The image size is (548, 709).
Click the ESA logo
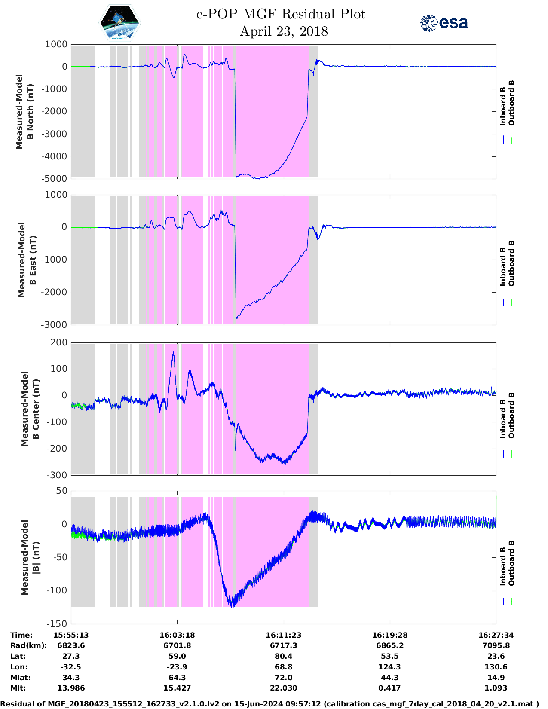click(444, 23)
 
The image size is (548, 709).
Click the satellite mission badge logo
click(119, 23)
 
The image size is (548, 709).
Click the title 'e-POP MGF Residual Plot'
click(281, 14)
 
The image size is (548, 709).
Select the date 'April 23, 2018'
click(283, 31)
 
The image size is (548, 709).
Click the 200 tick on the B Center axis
click(59, 342)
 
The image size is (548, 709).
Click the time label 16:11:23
click(283, 635)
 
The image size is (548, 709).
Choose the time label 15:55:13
click(71, 635)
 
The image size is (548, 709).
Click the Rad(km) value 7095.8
click(496, 645)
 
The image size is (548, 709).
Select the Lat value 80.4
click(283, 656)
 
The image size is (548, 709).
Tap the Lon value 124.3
click(389, 667)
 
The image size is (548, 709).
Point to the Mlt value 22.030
click(283, 688)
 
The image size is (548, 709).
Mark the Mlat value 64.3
click(177, 678)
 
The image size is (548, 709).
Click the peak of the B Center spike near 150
click(173, 352)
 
